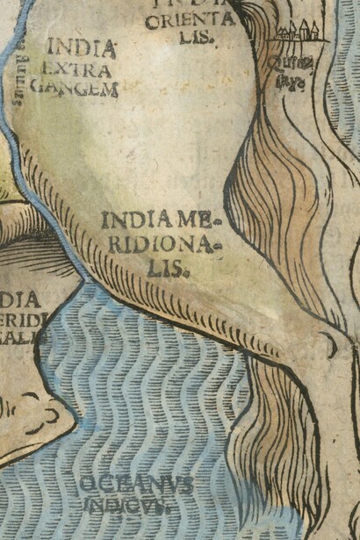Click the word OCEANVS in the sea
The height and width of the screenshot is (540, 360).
136,486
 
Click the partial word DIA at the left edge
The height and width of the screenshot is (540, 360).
18,299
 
